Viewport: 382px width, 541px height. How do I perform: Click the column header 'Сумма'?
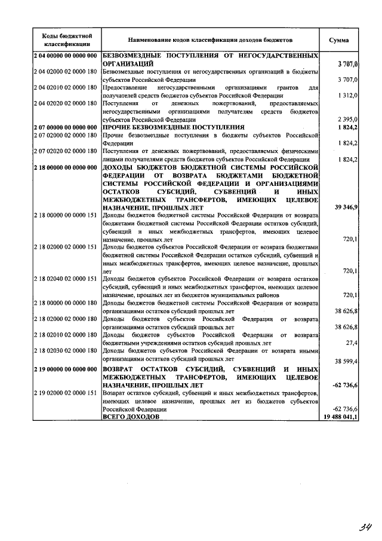click(x=338, y=39)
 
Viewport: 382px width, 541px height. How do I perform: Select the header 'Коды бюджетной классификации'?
click(x=66, y=39)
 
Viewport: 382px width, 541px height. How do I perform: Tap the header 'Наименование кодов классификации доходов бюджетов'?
click(x=210, y=39)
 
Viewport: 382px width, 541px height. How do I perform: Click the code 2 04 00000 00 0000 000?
click(x=66, y=56)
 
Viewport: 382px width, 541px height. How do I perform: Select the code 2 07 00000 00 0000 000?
click(x=66, y=127)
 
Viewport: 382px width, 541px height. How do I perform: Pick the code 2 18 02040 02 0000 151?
click(x=66, y=279)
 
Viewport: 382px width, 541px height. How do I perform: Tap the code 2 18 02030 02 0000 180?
click(x=66, y=351)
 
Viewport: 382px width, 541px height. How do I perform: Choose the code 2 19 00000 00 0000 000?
click(x=66, y=369)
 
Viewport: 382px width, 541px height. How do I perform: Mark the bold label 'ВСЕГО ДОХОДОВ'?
click(x=131, y=417)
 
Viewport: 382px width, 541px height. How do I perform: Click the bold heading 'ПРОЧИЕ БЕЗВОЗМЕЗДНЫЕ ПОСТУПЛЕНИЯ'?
click(x=174, y=127)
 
